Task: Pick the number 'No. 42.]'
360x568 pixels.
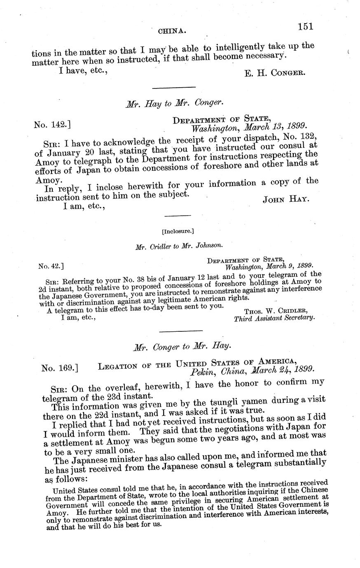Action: tap(51, 266)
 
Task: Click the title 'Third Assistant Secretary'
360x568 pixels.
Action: tap(274, 318)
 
